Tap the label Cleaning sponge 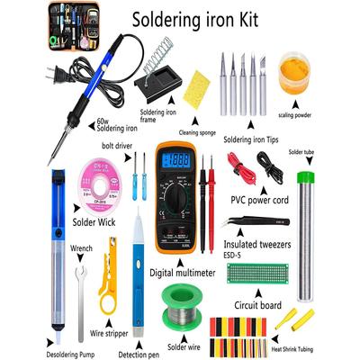click(x=199, y=132)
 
